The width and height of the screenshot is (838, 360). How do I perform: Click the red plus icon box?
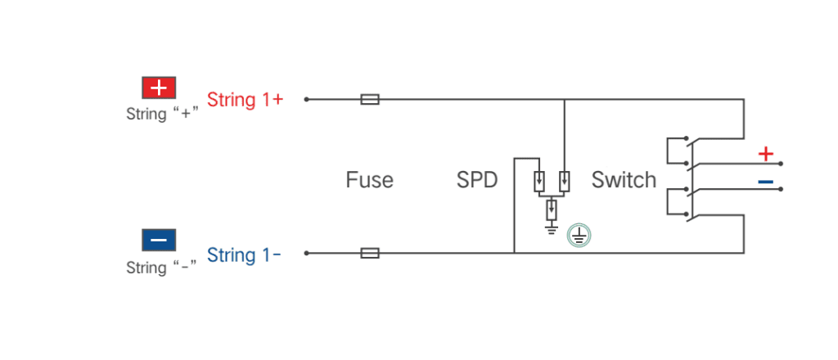click(x=159, y=88)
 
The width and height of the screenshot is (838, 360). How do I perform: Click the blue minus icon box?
click(x=159, y=240)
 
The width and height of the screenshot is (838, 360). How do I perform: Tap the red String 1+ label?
click(x=245, y=100)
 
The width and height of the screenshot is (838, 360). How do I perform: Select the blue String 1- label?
click(x=244, y=254)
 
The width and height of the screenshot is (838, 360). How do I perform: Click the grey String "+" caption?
click(x=162, y=114)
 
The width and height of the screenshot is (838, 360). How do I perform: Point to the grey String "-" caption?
click(x=162, y=267)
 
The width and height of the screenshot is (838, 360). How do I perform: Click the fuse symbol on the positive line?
click(x=370, y=99)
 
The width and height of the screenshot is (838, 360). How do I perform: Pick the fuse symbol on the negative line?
click(x=370, y=253)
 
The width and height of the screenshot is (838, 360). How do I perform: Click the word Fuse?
click(x=369, y=180)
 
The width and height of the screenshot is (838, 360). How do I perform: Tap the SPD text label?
click(x=477, y=180)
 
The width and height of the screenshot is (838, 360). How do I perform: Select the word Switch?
click(x=624, y=180)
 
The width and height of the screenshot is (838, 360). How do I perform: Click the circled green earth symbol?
click(x=579, y=235)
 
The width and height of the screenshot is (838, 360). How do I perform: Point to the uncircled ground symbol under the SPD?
click(x=551, y=228)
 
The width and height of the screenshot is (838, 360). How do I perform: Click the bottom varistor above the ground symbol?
click(x=551, y=210)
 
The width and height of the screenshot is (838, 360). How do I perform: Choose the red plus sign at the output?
click(x=766, y=155)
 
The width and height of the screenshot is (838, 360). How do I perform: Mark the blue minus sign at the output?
click(x=766, y=182)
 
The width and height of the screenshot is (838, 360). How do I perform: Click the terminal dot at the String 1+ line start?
click(x=306, y=99)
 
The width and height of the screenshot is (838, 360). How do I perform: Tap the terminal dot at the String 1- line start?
click(x=306, y=253)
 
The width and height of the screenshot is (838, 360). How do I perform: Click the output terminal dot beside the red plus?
click(x=781, y=164)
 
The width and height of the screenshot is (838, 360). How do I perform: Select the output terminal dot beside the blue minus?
click(x=781, y=188)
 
